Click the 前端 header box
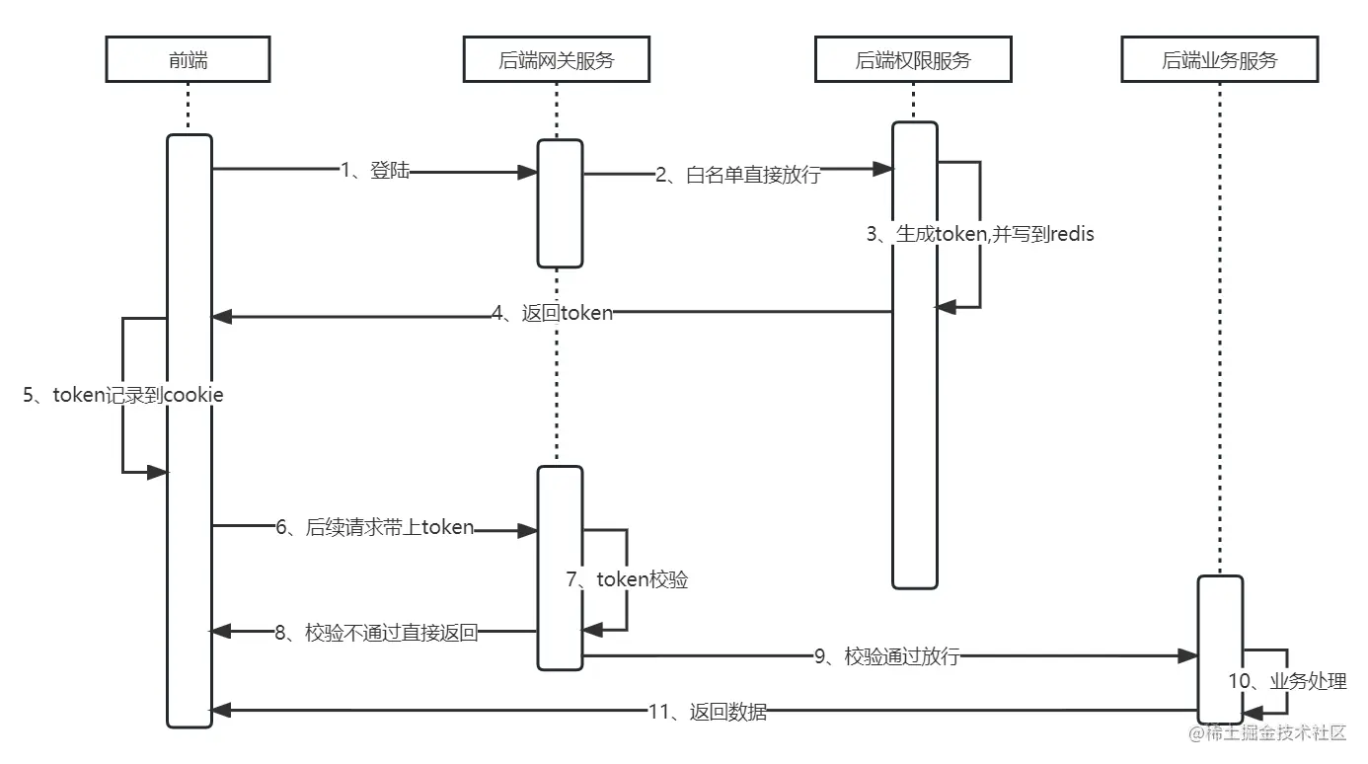[x=188, y=61]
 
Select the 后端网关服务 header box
[x=556, y=61]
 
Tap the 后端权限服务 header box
[x=913, y=61]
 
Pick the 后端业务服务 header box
[x=1219, y=61]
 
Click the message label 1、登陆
[x=374, y=171]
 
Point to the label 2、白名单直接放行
[x=737, y=177]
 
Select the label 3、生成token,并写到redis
[x=980, y=234]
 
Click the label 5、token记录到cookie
[x=123, y=395]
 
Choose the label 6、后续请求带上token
[x=375, y=528]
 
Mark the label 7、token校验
[x=627, y=579]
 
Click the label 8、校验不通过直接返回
[x=377, y=633]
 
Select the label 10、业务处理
[x=1287, y=681]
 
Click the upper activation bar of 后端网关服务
[x=560, y=203]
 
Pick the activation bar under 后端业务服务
[x=1220, y=649]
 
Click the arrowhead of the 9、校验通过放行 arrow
[x=1188, y=656]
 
